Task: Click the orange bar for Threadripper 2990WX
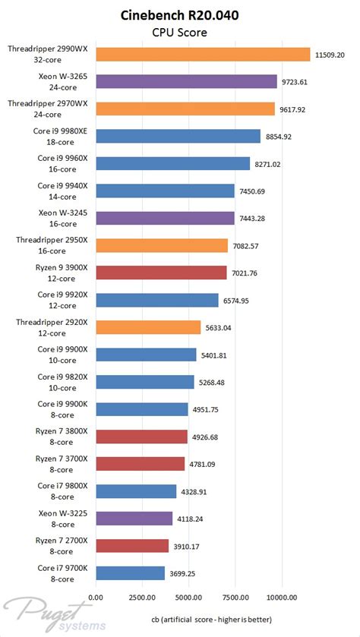point(203,54)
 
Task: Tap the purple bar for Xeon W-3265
point(186,81)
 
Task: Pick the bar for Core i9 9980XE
point(178,136)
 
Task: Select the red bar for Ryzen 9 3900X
point(161,273)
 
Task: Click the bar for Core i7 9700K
point(130,573)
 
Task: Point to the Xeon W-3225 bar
point(134,519)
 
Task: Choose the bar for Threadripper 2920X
point(148,327)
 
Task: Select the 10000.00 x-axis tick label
point(282,597)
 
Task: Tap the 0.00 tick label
point(96,597)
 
